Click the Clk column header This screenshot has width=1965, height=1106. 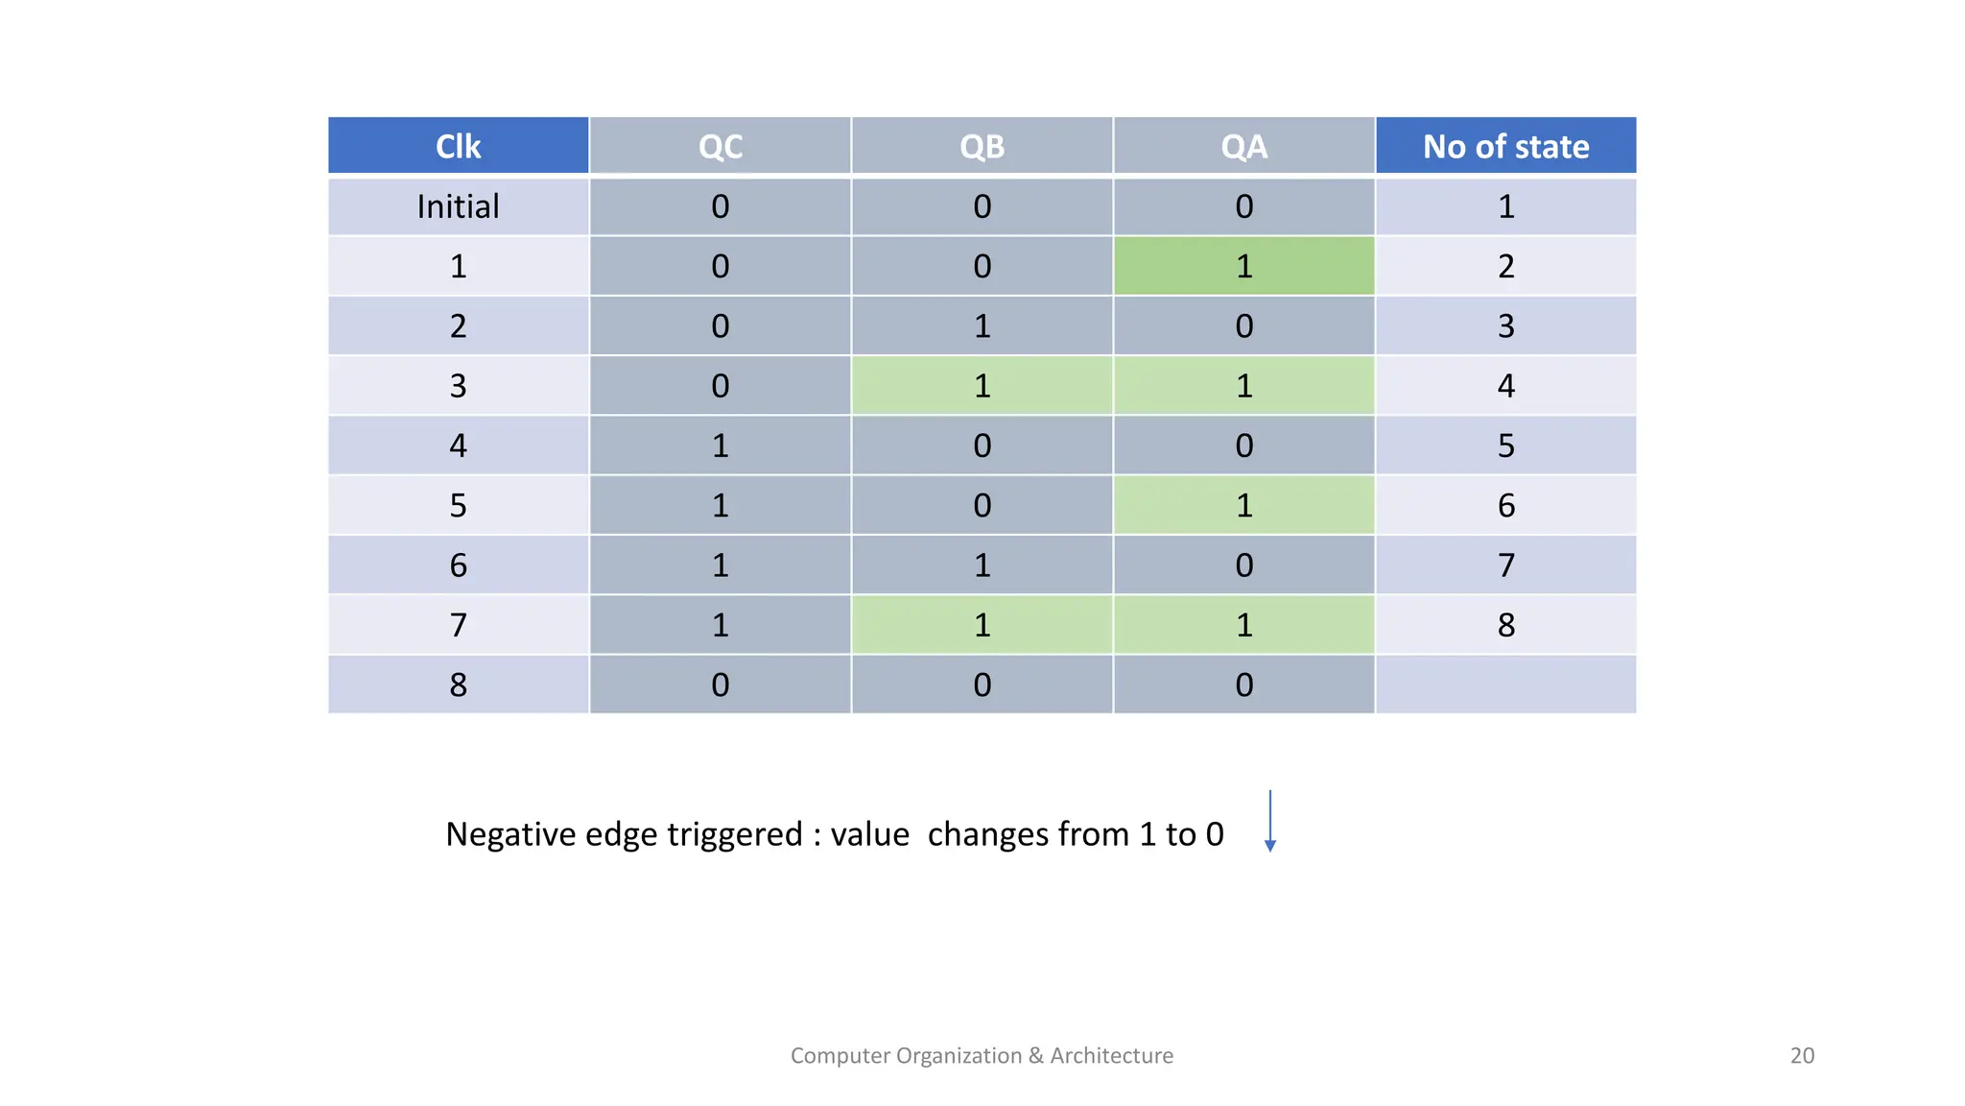point(458,146)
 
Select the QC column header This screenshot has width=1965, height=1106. point(720,146)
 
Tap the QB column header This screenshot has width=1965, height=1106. point(982,146)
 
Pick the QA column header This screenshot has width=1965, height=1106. point(1243,146)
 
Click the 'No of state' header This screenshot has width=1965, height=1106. point(1505,146)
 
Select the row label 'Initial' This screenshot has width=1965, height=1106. point(458,206)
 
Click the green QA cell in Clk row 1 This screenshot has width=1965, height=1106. point(1243,266)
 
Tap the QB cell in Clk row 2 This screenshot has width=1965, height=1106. point(982,326)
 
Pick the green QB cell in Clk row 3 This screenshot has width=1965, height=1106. point(982,386)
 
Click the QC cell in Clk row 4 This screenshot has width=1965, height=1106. point(720,445)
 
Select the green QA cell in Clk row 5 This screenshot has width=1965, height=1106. point(1243,506)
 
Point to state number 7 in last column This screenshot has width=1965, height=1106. point(1505,565)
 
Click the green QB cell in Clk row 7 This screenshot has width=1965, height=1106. point(982,625)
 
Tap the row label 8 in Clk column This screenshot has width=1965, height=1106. point(458,685)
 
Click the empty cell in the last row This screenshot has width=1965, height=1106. point(1505,685)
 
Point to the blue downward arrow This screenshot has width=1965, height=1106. point(1269,822)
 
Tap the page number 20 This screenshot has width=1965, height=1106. point(1802,1055)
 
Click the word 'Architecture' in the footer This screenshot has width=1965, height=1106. point(1111,1055)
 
